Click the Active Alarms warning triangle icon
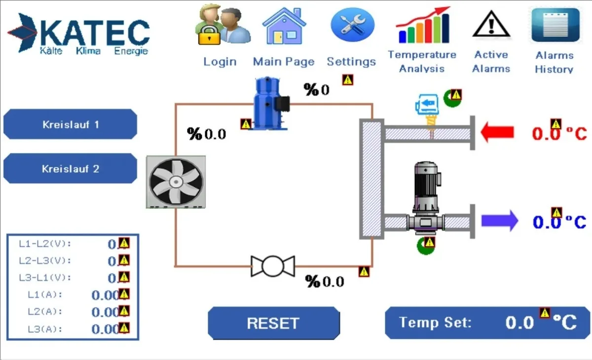point(490,25)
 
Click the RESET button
point(273,323)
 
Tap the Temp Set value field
point(519,323)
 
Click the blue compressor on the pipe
point(269,105)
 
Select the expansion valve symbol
point(273,266)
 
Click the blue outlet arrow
point(499,220)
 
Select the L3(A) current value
point(105,329)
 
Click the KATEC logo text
point(94,32)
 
